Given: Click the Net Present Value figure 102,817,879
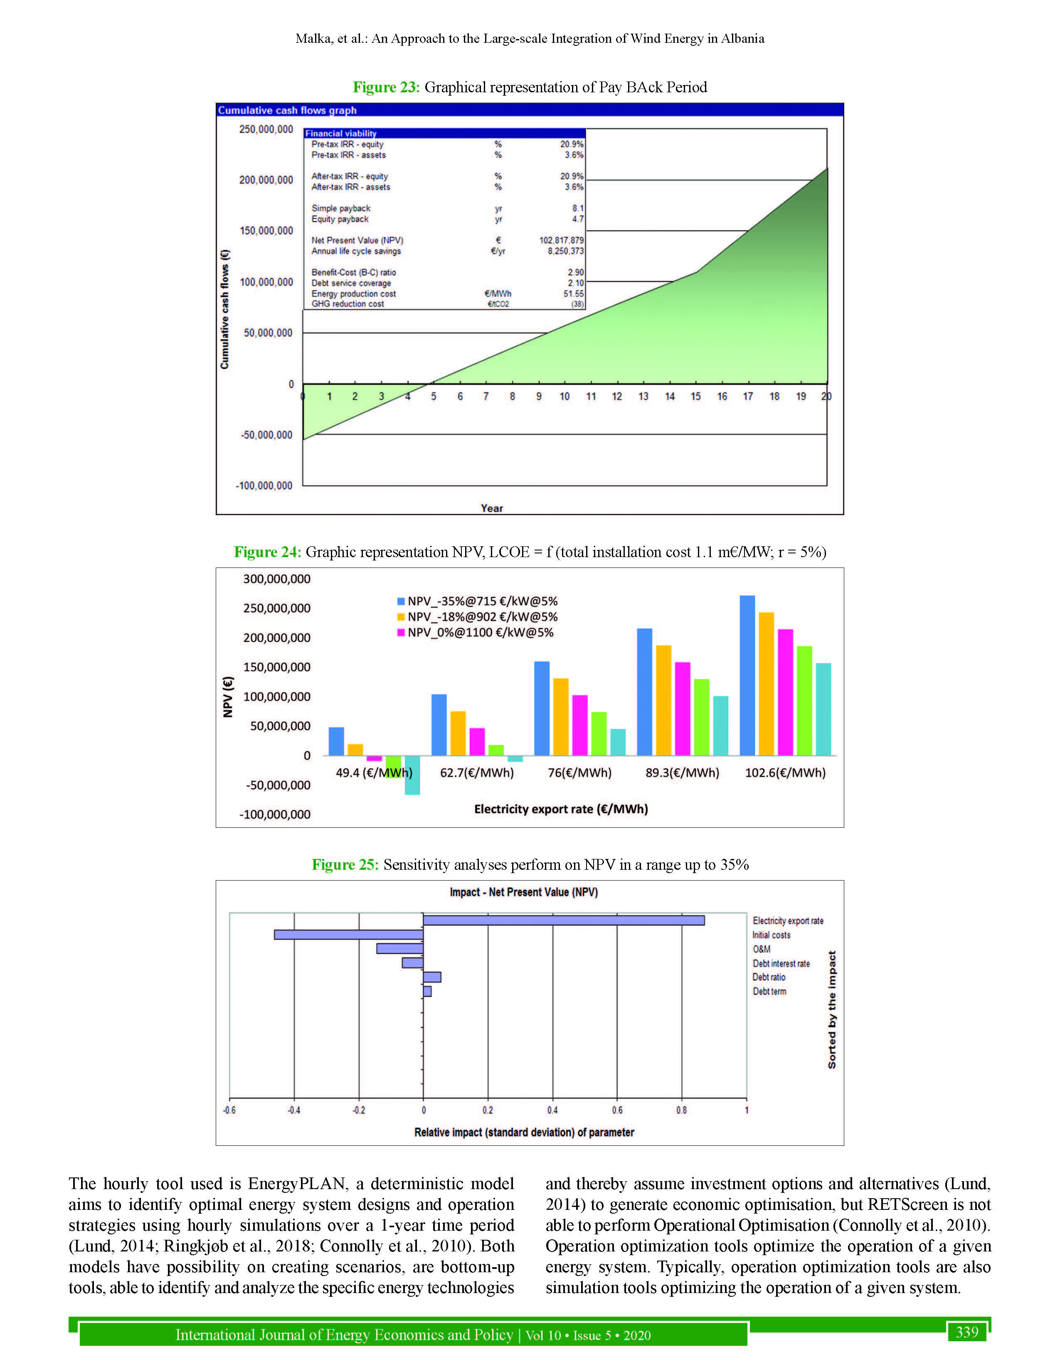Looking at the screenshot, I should point(561,240).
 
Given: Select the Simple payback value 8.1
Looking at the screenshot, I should point(577,208).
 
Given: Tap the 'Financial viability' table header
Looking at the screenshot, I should point(341,133).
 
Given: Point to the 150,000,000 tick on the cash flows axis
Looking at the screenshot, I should point(266,231).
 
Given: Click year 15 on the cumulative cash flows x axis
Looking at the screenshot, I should point(696,396).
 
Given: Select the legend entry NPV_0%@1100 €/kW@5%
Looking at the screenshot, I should point(480,633).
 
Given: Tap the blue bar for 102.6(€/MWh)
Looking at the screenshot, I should point(747,675).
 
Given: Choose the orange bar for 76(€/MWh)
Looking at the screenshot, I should point(561,717).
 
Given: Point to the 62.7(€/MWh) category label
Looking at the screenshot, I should point(477,773).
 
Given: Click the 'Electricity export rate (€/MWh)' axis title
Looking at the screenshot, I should point(561,809).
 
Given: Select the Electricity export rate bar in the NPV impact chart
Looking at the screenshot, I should point(563,920).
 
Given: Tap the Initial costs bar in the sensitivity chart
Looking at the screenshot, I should point(348,935).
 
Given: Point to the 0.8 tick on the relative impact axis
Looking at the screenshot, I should point(681,1110).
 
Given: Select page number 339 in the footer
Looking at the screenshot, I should point(966,1332).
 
